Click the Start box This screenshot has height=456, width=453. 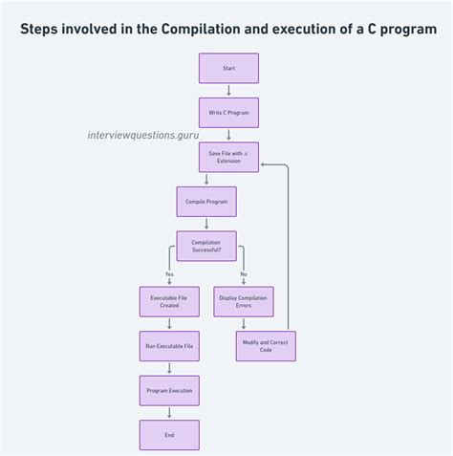coord(228,68)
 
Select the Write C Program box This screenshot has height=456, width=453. coord(228,112)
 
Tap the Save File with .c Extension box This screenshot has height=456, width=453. coord(228,157)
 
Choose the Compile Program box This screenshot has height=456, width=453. coord(206,201)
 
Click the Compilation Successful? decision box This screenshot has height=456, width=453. coord(206,246)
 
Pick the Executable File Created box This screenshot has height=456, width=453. coord(169,301)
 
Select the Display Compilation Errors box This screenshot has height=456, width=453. coord(244,301)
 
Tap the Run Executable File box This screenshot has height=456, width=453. coord(169,345)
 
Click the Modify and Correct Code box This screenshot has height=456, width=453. coord(266,345)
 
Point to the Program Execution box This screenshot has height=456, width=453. coord(169,390)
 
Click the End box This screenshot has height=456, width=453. coord(169,434)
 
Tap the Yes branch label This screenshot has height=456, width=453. coord(169,274)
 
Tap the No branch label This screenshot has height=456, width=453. coord(244,274)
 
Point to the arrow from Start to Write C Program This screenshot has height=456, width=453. coord(228,90)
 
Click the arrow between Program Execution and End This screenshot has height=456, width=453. coord(169,412)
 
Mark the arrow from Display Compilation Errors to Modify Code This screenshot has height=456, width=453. coord(244,323)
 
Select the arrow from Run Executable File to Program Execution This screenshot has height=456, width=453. coord(169,368)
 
